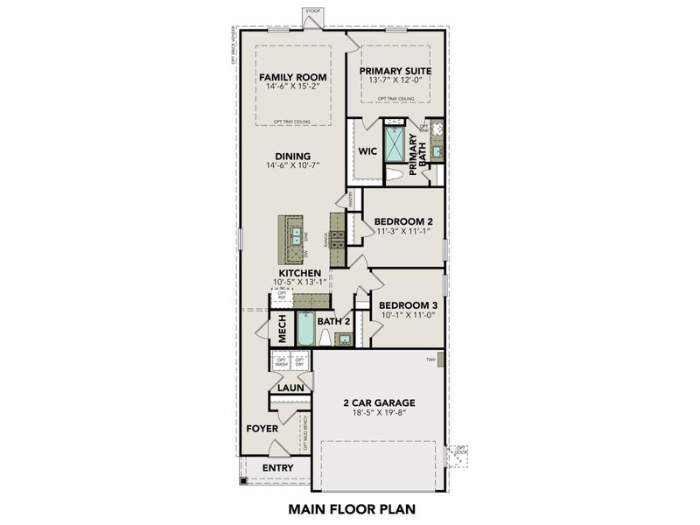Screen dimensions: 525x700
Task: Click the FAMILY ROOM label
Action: coord(292,77)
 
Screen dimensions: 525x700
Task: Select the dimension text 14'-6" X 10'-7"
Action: coord(292,165)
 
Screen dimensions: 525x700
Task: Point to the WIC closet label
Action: coord(367,150)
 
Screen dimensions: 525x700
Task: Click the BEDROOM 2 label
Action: coord(404,220)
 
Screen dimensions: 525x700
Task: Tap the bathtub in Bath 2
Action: coord(305,328)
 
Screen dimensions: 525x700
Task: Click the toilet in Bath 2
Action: coord(325,336)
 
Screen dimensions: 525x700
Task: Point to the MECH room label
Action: coord(283,329)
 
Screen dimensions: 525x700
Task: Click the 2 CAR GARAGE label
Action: coord(378,403)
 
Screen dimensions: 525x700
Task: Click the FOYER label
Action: coord(262,429)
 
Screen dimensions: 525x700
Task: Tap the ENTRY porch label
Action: coord(278,468)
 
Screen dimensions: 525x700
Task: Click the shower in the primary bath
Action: coord(395,143)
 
